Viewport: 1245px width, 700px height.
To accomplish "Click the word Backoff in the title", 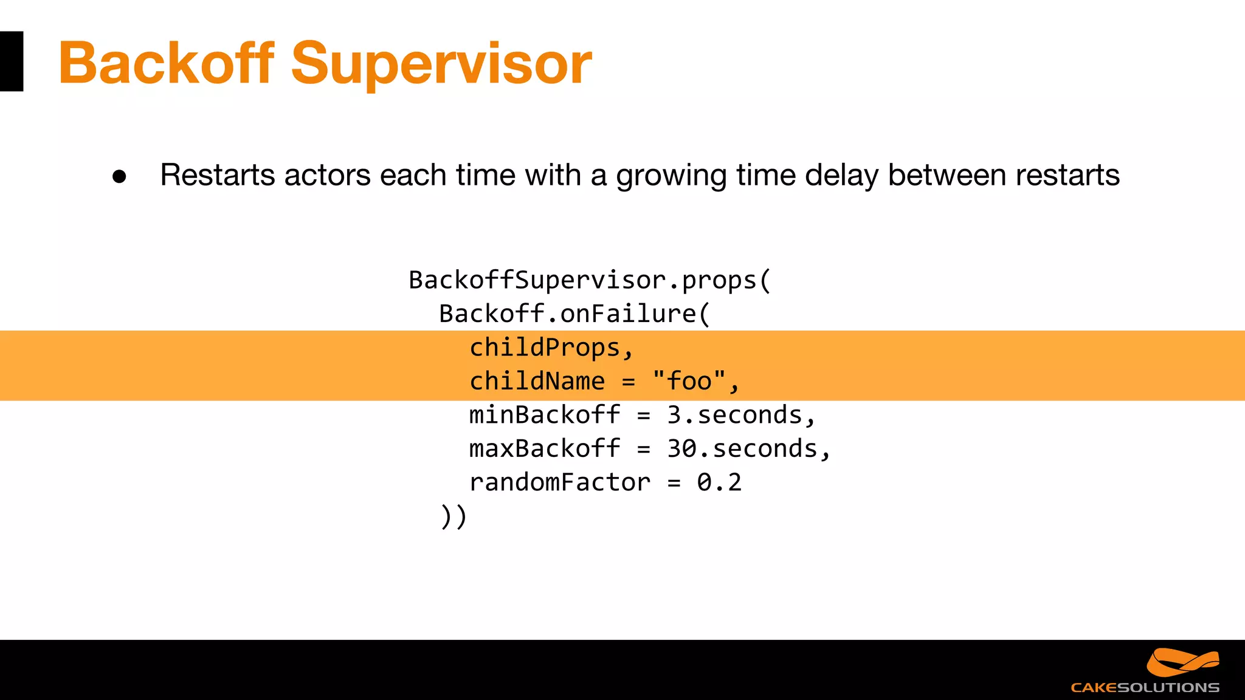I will coord(166,63).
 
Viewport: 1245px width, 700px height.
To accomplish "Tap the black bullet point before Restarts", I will coord(119,177).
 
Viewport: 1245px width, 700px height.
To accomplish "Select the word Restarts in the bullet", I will coord(217,176).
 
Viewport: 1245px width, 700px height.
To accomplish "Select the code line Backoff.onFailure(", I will coord(574,314).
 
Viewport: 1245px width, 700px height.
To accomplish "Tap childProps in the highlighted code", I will coord(545,348).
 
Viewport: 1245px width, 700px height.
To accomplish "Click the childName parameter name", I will coord(537,382).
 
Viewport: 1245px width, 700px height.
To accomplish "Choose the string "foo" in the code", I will coord(689,382).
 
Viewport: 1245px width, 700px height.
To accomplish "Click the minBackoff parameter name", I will coord(545,415).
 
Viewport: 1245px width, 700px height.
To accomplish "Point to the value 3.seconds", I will coord(736,415).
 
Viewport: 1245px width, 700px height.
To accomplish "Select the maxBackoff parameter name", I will coord(545,449).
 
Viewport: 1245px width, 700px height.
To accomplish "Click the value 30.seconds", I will coord(743,449).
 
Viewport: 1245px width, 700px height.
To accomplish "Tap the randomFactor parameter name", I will coord(560,482).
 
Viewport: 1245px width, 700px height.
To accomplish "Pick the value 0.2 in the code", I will coord(719,482).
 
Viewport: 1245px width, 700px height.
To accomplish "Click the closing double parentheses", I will coord(454,516).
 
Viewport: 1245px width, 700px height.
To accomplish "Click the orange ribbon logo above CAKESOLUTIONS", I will coord(1182,662).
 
